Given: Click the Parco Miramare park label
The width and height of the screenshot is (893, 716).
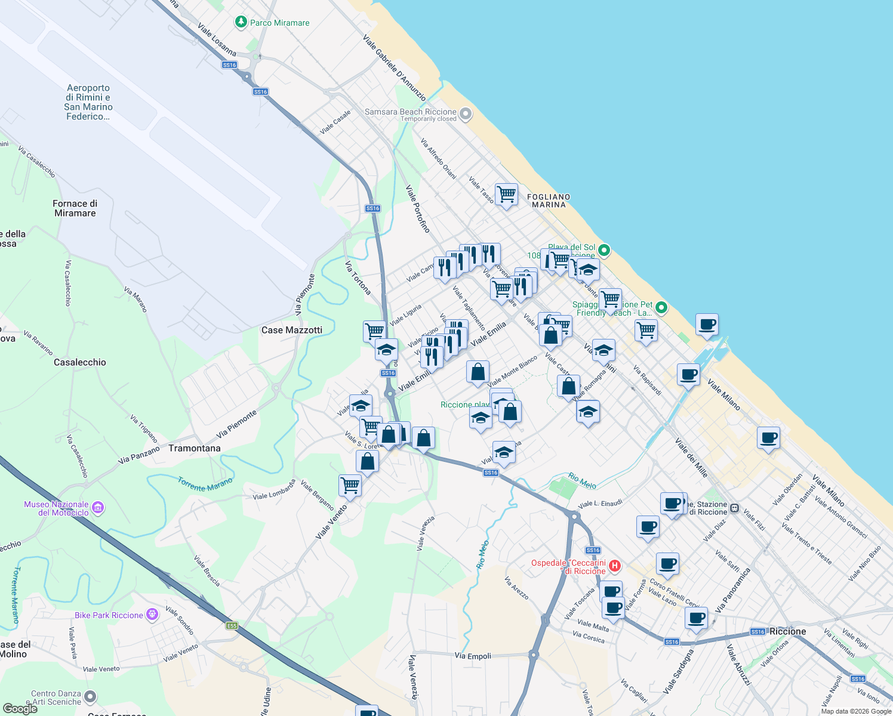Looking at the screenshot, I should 279,23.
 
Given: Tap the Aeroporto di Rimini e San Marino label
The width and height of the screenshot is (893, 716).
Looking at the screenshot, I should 88,102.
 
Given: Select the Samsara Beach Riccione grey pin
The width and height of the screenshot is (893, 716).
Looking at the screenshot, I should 466,113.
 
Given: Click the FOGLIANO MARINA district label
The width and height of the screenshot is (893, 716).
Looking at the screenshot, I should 549,200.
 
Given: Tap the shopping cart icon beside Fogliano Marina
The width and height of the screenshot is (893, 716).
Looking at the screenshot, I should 506,194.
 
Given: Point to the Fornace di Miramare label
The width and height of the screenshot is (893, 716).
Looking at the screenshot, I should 75,208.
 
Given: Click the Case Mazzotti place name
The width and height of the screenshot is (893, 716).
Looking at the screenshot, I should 292,330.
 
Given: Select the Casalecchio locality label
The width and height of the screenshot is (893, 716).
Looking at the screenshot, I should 80,362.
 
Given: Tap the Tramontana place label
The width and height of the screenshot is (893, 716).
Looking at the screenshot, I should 195,448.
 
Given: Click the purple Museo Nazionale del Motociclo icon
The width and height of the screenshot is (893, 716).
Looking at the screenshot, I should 98,508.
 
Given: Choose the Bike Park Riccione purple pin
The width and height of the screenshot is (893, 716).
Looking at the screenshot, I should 152,614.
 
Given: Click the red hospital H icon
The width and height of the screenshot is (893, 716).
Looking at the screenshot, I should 615,566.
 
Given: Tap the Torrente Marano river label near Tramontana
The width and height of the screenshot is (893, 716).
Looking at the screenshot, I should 205,484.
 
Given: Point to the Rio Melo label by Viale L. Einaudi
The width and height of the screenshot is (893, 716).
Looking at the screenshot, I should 582,480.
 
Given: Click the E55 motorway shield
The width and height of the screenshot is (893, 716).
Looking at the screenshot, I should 232,625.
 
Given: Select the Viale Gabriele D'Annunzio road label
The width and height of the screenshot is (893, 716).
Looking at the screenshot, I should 395,67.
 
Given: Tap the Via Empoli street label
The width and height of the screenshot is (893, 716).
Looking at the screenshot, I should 473,656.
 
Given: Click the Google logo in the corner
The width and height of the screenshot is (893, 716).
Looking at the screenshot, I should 20,709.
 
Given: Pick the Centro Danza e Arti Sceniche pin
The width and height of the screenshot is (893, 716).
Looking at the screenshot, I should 90,696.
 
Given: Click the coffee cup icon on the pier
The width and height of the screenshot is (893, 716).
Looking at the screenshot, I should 707,325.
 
